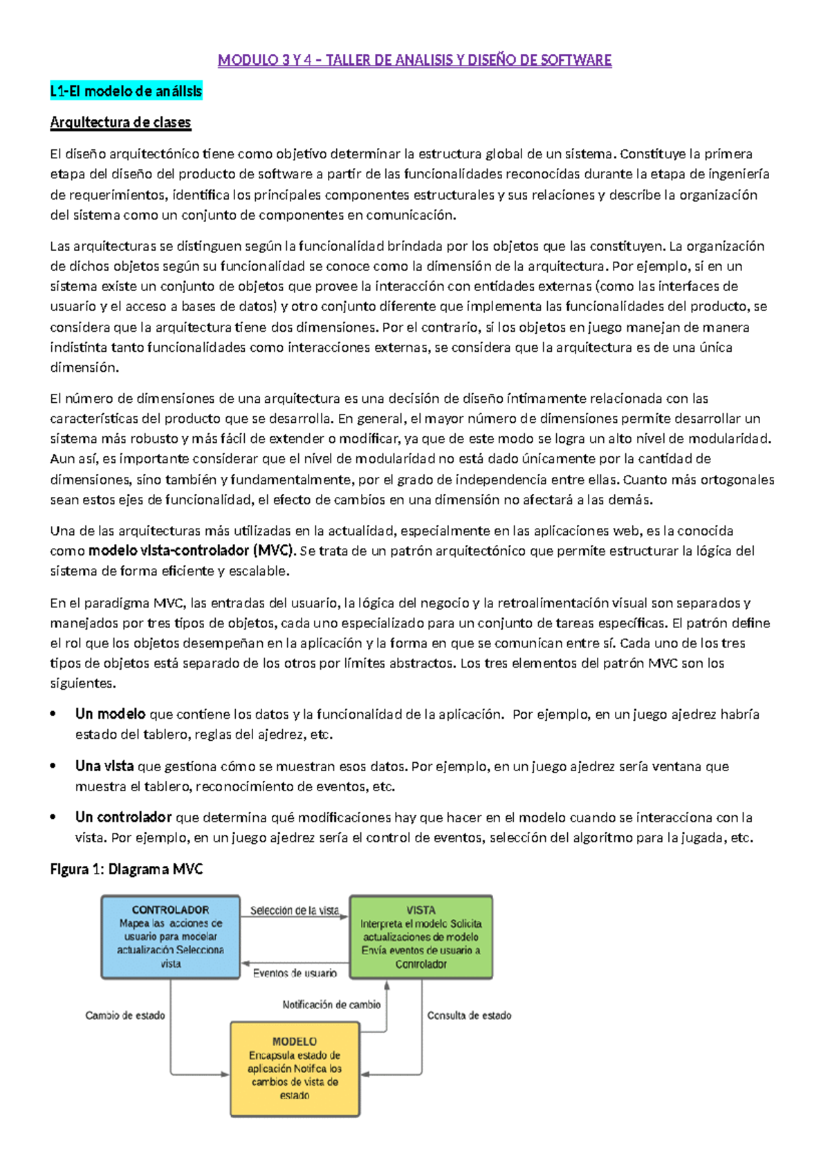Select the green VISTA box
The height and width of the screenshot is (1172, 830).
click(x=421, y=937)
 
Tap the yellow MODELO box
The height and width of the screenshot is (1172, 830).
click(x=295, y=1068)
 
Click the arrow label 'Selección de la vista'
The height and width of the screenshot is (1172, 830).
click(x=295, y=911)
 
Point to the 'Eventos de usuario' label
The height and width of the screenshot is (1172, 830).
click(x=295, y=973)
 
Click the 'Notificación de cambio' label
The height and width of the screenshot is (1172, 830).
click(x=331, y=1005)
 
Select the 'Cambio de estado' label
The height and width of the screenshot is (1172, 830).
click(x=125, y=1015)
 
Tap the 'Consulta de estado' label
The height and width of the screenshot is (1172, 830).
click(x=469, y=1015)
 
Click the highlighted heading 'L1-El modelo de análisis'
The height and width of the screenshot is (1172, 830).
click(x=126, y=91)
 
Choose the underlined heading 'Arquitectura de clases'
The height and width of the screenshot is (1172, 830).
click(x=120, y=122)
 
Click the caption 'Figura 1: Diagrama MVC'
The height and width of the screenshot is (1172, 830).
click(x=126, y=869)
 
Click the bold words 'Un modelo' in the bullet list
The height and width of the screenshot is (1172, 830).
click(x=110, y=714)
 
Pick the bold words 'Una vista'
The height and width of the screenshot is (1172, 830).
click(x=104, y=766)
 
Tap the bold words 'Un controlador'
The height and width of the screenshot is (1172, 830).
click(x=123, y=817)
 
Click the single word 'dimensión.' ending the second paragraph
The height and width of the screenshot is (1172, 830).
click(x=84, y=368)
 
